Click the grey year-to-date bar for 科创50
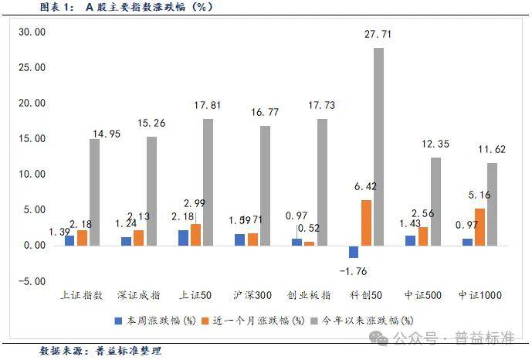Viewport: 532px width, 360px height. (378, 147)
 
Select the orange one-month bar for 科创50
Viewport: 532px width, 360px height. (366, 222)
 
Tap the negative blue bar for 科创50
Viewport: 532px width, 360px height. (354, 252)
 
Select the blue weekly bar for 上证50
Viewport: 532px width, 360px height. (183, 238)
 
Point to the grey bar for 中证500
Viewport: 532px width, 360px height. (435, 202)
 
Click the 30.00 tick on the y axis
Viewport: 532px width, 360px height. (32, 32)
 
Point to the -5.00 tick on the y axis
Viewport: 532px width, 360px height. (32, 281)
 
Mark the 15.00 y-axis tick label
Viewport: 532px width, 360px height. (32, 139)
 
